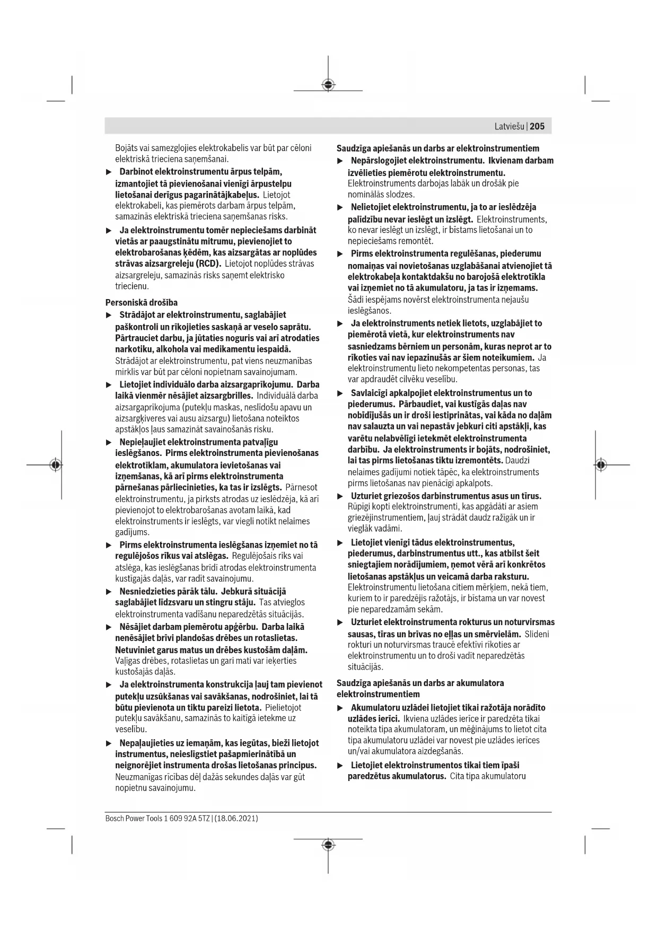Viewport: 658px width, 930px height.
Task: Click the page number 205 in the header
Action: (537, 126)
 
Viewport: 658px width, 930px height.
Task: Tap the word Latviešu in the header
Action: (510, 126)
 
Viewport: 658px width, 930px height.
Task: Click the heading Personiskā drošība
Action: (142, 303)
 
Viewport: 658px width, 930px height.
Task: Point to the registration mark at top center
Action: (328, 85)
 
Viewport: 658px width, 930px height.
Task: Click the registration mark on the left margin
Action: (55, 465)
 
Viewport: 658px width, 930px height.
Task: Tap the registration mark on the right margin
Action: (600, 465)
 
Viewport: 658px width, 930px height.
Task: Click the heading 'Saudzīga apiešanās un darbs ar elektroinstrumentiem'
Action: (438, 148)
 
